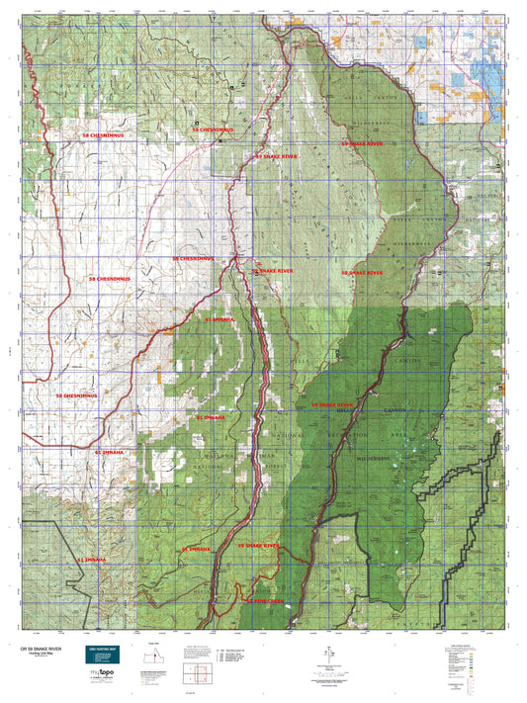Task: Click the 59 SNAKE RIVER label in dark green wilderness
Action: [332, 404]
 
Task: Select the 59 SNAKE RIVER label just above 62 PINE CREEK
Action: [259, 545]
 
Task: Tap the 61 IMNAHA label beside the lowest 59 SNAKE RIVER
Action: [195, 547]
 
